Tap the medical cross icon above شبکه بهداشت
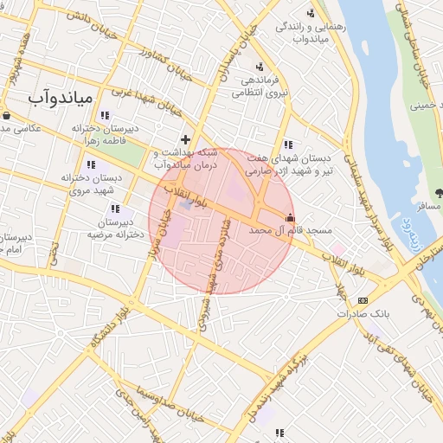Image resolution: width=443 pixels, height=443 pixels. (185, 138)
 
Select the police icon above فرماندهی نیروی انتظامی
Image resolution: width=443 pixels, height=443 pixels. (260, 67)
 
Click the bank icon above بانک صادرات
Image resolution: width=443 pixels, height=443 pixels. (362, 300)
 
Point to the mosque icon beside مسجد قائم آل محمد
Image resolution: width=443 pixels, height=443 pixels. (289, 218)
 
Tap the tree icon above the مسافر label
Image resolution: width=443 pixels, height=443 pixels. (439, 193)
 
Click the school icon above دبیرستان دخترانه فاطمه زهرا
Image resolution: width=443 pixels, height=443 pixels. (105, 115)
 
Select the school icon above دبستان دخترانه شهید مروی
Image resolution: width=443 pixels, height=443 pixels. (91, 164)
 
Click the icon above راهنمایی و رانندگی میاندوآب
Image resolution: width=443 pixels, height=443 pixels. (310, 12)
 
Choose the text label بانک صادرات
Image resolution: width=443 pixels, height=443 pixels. (386, 316)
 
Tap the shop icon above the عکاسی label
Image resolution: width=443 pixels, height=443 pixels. (7, 114)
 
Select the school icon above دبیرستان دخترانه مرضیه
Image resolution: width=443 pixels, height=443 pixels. (115, 209)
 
